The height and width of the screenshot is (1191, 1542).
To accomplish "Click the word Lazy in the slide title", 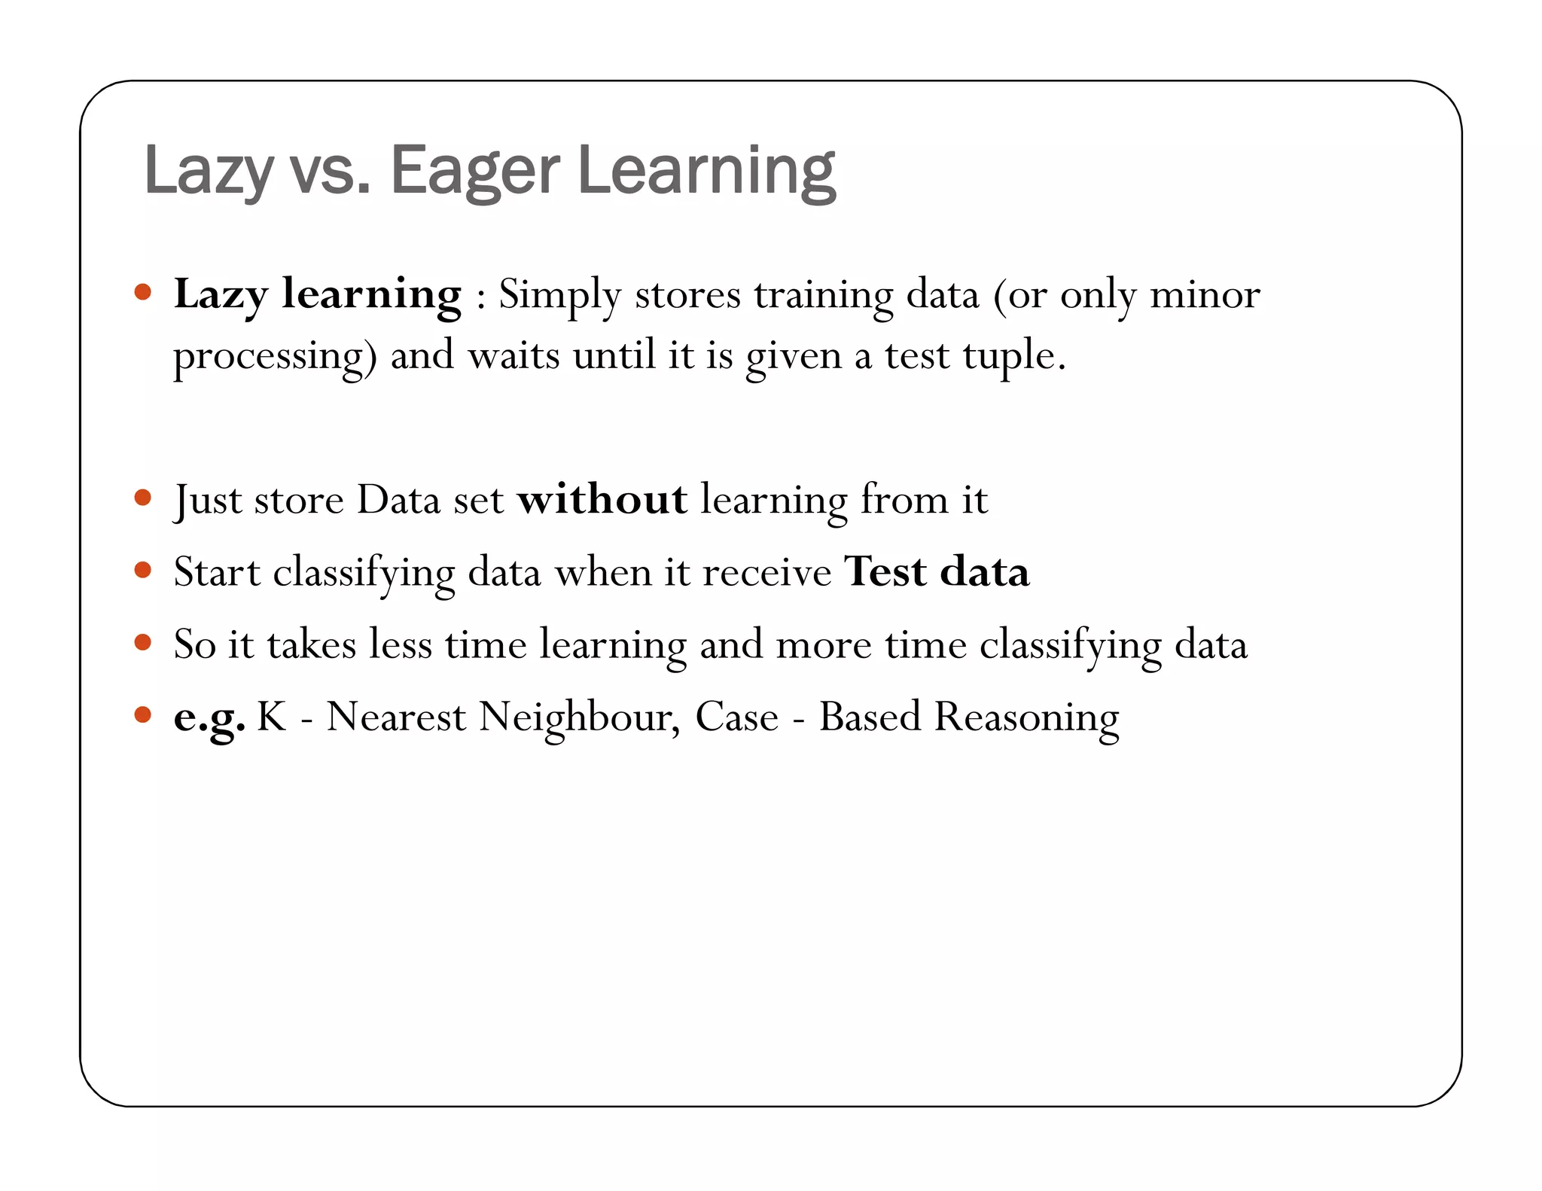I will click(208, 172).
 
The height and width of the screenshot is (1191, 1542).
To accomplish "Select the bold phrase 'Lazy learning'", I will click(317, 294).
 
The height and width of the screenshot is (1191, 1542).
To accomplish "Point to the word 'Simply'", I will click(559, 296).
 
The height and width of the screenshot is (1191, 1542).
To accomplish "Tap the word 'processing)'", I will click(275, 357).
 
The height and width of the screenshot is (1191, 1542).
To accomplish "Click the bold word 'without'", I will click(602, 499).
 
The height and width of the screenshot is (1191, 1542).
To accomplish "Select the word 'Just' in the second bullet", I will click(207, 501).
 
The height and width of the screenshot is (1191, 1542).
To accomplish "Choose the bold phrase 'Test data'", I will click(936, 571).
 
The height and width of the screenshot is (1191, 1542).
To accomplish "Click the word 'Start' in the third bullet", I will click(217, 572).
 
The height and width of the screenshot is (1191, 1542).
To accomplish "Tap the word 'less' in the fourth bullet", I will click(400, 644).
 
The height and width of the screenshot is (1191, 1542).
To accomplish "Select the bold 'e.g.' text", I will click(209, 717).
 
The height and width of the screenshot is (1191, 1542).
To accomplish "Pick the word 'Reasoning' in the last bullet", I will click(1026, 717).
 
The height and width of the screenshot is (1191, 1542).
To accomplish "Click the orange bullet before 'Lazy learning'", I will click(143, 292).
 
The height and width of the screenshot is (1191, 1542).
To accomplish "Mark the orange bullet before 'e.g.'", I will click(143, 714).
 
